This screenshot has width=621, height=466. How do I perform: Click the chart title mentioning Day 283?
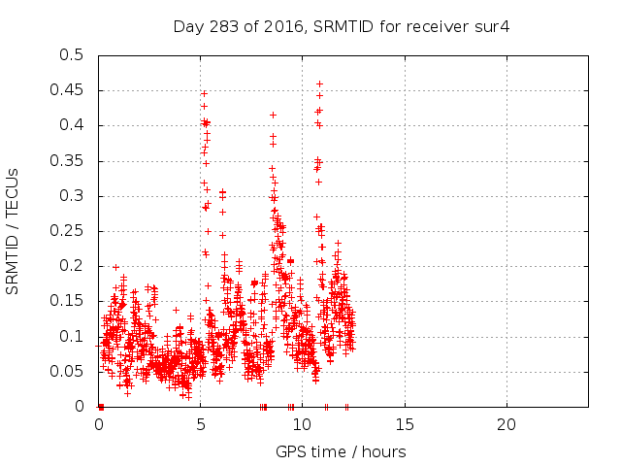(341, 26)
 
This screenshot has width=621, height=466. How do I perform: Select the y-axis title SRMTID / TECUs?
(13, 230)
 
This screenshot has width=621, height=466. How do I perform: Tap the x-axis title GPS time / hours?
(341, 451)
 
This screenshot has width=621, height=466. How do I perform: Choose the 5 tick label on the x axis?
(201, 425)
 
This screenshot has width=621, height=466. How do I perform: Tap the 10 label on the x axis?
(302, 425)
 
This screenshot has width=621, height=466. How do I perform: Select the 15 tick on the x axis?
(404, 425)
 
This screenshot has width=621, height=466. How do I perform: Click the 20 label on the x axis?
(505, 425)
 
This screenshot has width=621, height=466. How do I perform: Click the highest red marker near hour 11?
(319, 83)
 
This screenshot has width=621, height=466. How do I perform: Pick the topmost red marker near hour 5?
(204, 93)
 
